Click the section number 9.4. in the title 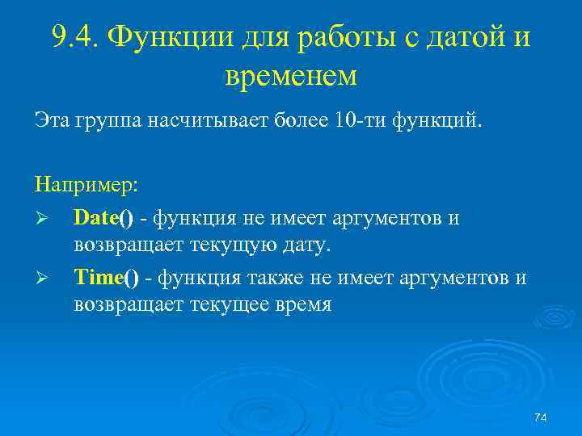click(x=75, y=36)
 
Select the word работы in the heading click(x=345, y=38)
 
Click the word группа click(x=104, y=122)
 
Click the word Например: click(x=87, y=185)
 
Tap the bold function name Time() click(x=106, y=279)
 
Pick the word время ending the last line click(x=300, y=306)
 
